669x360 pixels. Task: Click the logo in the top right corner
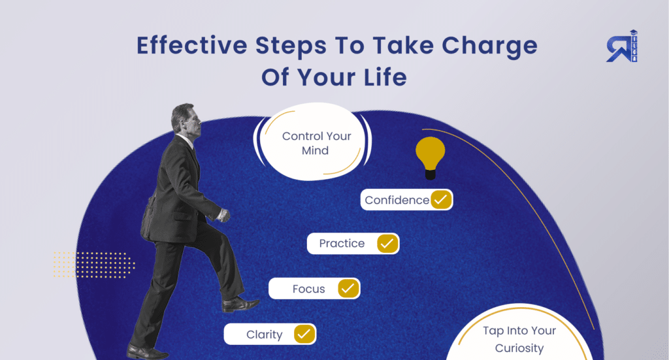[x=621, y=46]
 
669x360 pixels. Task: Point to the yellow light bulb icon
[x=430, y=157]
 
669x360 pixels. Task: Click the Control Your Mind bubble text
[x=316, y=143]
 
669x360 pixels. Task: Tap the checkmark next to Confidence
[x=441, y=200]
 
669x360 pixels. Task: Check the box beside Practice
[x=387, y=244]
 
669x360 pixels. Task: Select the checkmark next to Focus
[x=348, y=288]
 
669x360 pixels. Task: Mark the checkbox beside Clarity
[x=304, y=335]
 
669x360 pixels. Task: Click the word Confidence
[x=397, y=201]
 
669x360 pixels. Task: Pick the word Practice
[x=342, y=244]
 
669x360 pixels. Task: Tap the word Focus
[x=308, y=289]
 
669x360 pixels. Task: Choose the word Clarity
[x=264, y=335]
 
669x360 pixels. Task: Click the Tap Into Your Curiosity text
[x=519, y=339]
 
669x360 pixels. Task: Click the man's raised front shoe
[x=239, y=304]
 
